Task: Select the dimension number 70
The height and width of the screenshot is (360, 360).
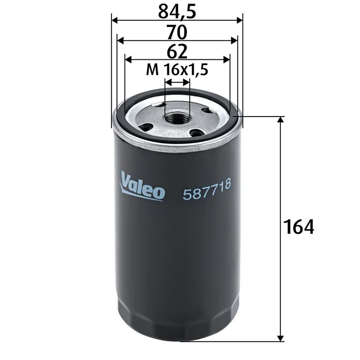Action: (177, 32)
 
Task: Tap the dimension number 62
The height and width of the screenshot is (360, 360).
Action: (177, 52)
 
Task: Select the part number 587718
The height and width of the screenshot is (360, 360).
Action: (207, 193)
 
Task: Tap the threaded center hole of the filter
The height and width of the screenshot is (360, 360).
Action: (177, 118)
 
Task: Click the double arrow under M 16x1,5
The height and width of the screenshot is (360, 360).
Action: (177, 82)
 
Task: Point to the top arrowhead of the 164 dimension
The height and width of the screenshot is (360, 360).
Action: (281, 120)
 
